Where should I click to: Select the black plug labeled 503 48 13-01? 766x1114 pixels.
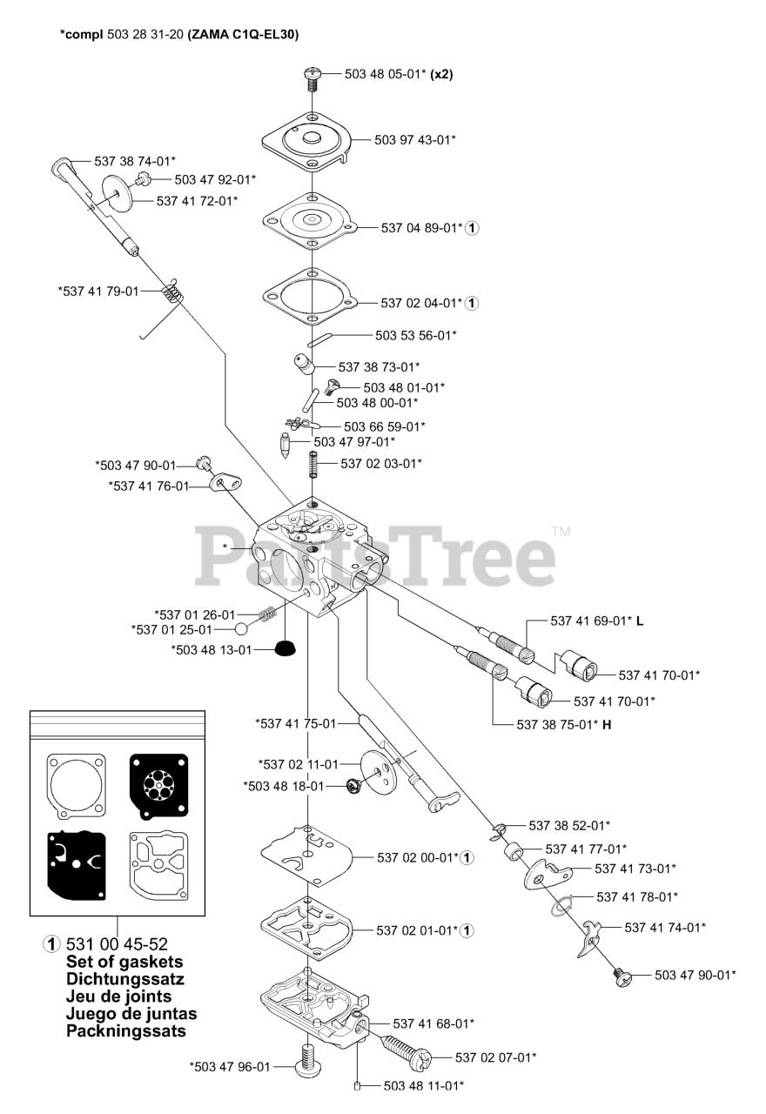[x=282, y=648]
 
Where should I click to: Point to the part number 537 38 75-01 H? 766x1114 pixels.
[x=563, y=724]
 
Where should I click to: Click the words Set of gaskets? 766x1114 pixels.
[x=124, y=962]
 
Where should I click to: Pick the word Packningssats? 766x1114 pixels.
[x=126, y=1031]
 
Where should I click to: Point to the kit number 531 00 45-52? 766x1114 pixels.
[x=117, y=944]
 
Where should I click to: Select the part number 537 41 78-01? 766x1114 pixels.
[x=637, y=896]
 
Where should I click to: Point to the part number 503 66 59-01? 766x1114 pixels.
[x=384, y=426]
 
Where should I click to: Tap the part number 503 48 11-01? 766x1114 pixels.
[x=423, y=1085]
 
